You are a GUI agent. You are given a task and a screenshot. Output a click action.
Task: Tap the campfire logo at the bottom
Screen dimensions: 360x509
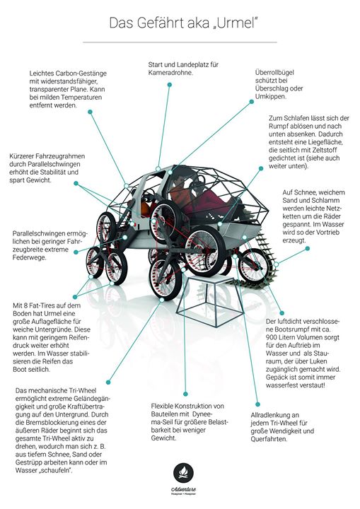(184, 473)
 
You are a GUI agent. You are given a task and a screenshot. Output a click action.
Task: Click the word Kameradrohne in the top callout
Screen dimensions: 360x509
(170, 73)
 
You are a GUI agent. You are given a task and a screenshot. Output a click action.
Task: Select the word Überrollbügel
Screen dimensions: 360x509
(274, 72)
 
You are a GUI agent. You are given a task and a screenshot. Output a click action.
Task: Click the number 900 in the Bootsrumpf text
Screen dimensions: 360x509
(271, 337)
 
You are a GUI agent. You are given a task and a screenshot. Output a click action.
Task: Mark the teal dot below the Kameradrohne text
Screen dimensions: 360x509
(169, 85)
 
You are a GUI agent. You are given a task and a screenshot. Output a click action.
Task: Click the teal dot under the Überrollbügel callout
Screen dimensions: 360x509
(252, 102)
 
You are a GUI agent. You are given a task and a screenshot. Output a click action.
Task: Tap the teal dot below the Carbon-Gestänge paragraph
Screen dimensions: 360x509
(90, 112)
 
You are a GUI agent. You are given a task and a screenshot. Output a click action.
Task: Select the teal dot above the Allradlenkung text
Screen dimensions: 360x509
(257, 404)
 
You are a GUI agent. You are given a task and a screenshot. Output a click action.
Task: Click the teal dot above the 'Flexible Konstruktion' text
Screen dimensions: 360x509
(185, 394)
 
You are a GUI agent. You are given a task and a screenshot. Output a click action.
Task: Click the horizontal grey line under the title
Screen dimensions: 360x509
(180, 42)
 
